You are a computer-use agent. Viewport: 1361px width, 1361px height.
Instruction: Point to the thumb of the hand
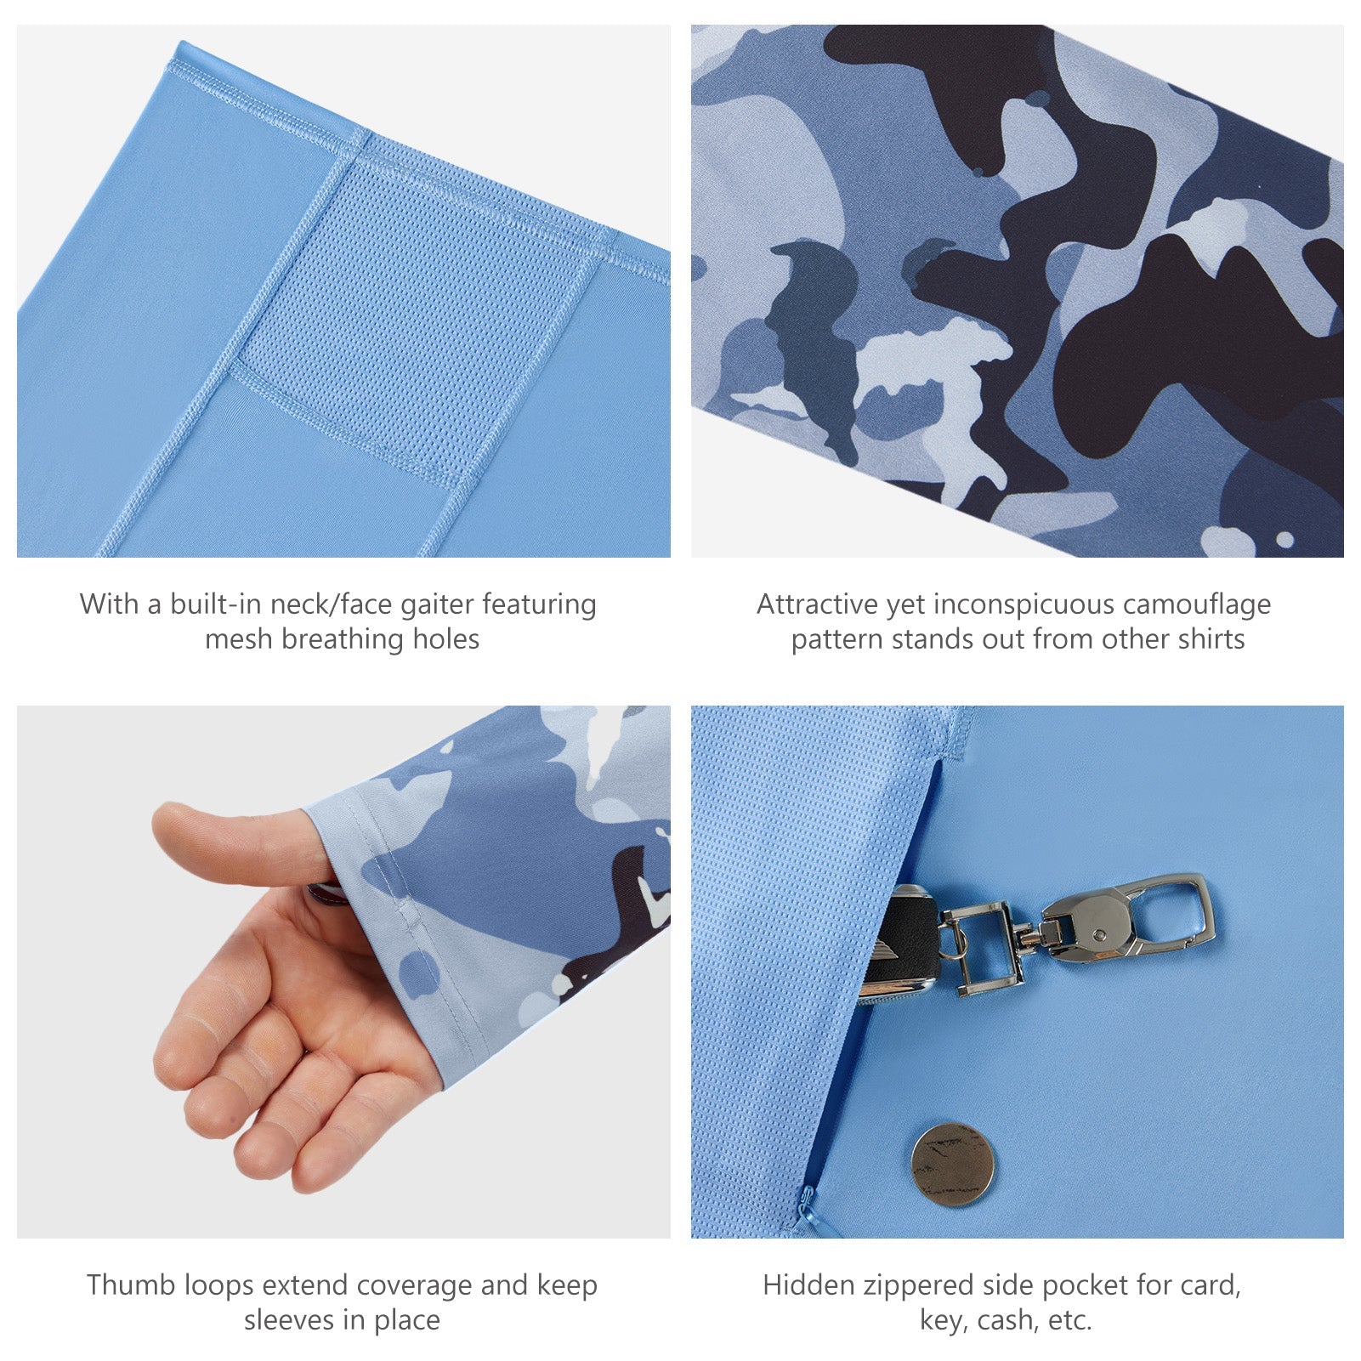coord(238,842)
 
